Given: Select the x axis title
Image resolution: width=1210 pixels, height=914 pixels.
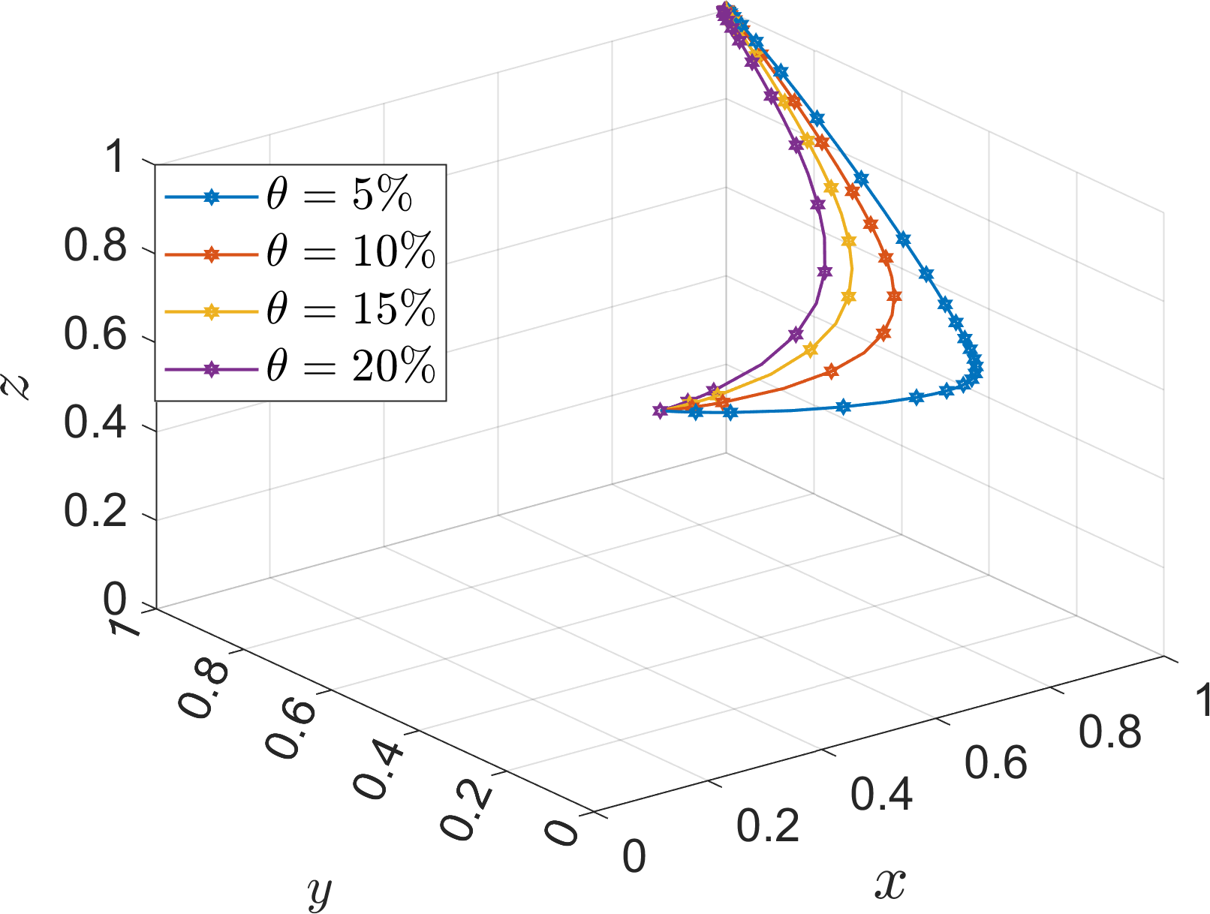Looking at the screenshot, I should (x=890, y=884).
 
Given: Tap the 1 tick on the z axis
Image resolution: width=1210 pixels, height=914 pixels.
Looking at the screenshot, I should (x=114, y=158).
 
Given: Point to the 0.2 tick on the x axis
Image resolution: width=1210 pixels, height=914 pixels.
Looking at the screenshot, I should (x=767, y=825).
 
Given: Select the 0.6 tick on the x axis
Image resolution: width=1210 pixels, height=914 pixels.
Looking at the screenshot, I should (x=995, y=762).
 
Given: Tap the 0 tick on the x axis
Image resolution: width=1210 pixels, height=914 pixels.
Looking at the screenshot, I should (x=634, y=856).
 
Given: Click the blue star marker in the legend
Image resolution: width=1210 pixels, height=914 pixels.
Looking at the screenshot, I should (x=212, y=197).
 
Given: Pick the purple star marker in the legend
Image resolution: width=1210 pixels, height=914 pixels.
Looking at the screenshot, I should (x=212, y=369).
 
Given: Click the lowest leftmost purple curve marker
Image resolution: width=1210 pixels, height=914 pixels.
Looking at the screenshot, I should (x=660, y=410).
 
